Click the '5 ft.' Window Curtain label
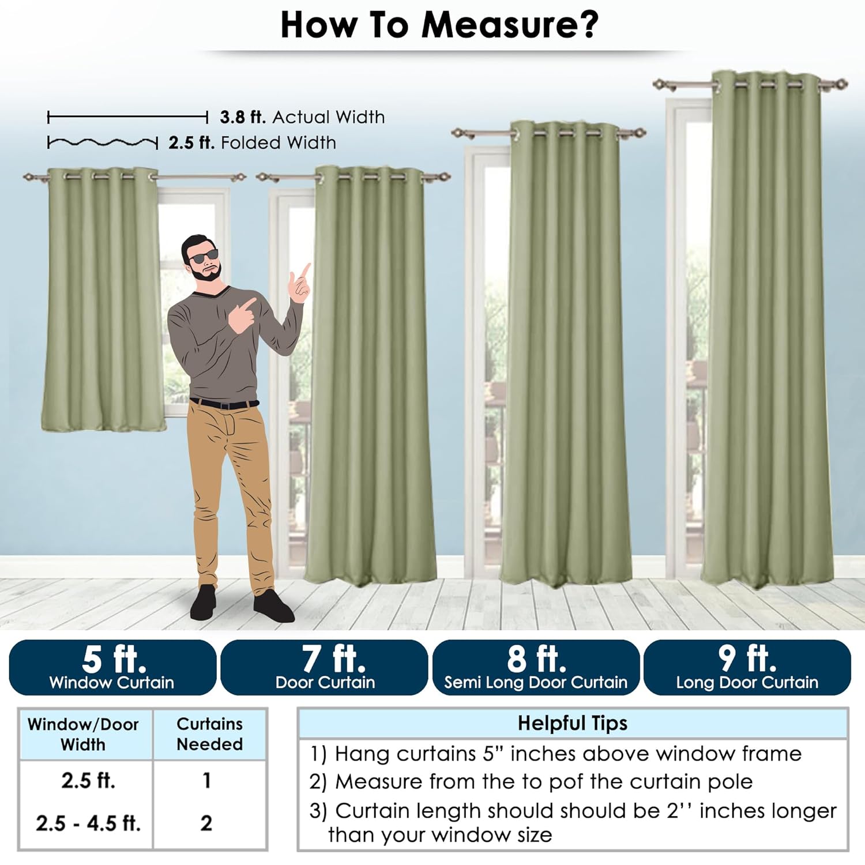pos(112,667)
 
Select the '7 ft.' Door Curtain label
pos(324,667)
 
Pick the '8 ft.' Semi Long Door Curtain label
pos(536,667)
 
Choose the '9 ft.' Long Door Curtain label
pos(747,667)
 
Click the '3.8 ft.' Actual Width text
pos(302,117)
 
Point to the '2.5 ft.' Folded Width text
pos(252,142)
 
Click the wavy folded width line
pos(103,142)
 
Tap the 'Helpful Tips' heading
pos(572,723)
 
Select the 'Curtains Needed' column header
pos(209,734)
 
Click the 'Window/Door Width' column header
pos(83,734)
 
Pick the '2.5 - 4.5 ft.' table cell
pos(88,823)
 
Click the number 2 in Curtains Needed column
pos(206,823)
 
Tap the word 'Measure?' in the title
pos(510,25)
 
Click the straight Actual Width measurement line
pos(127,118)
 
